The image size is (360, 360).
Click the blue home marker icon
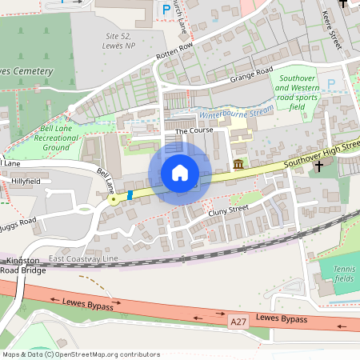coord(180,173)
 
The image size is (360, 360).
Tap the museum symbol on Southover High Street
coord(239,165)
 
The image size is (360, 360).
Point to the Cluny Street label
coord(224,210)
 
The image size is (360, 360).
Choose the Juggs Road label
coord(18,220)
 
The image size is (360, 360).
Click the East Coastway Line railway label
coord(82,259)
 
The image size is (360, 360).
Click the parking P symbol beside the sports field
coord(332,83)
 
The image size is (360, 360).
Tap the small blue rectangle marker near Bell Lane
coord(129,194)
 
